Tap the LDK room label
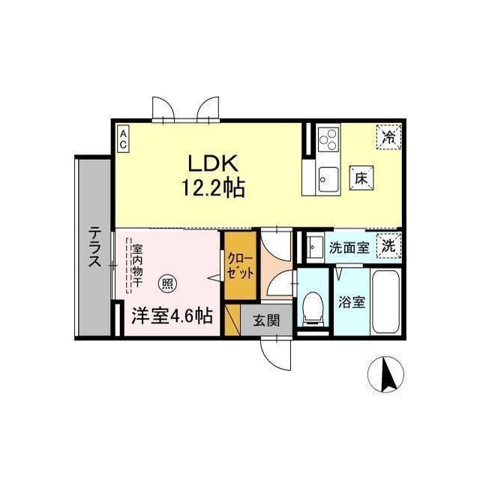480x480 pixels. pos(212,163)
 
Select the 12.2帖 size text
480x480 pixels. pos(212,187)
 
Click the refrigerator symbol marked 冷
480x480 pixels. pos(388,137)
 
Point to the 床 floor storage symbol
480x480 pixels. pos(361,179)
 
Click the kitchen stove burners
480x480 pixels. pos(328,139)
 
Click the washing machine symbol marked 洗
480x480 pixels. pos(388,244)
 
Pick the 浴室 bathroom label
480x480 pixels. pos(351,302)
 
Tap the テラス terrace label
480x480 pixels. pos(95,247)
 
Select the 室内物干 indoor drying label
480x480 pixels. pos(137,263)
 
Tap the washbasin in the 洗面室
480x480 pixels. pos(316,247)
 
